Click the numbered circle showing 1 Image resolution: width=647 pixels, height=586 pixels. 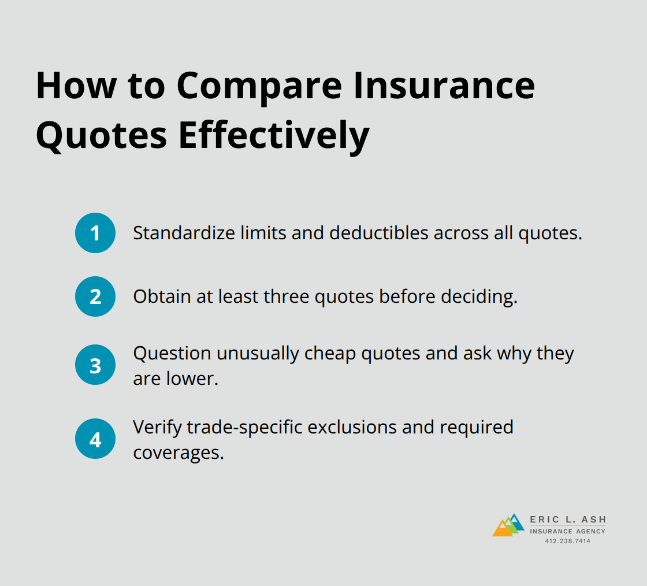95,233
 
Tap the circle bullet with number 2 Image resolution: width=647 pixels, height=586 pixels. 95,296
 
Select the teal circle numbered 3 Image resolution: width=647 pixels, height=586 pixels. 95,365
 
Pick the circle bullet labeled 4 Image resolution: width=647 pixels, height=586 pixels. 95,439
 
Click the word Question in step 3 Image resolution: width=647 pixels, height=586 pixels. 165,353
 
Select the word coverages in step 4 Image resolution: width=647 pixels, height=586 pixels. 178,452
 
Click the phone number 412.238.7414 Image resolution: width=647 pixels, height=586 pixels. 567,541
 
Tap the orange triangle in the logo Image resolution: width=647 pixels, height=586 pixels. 501,529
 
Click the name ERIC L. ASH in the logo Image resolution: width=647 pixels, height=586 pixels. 567,520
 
